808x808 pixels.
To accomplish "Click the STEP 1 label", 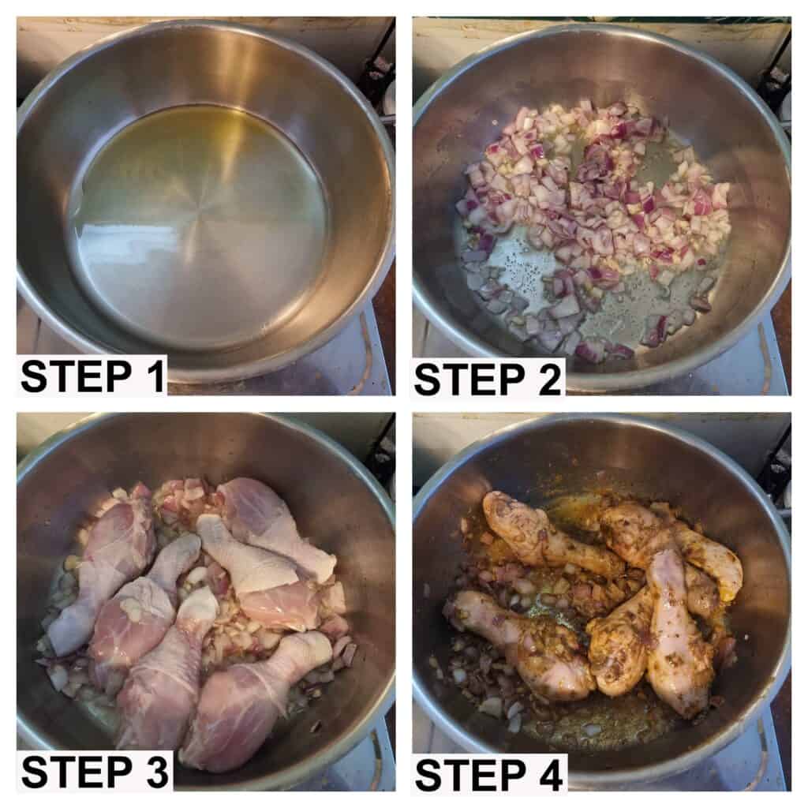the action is click(93, 376).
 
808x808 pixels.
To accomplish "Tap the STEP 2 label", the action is click(487, 379).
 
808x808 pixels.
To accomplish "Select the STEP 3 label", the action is click(95, 772).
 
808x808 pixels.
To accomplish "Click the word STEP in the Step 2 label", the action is click(469, 379).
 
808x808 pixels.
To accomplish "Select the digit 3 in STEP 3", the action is click(155, 772).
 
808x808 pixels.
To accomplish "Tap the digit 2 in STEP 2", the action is click(548, 379).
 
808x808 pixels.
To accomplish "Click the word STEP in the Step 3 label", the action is click(77, 772).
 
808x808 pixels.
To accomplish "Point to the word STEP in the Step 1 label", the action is click(77, 376).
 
